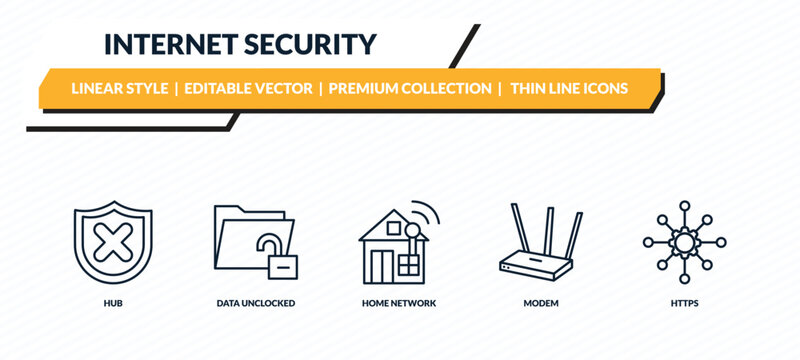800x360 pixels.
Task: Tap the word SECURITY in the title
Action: pyautogui.click(x=315, y=44)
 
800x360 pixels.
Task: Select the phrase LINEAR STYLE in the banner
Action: pyautogui.click(x=120, y=89)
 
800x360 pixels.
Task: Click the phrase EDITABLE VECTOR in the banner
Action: pyautogui.click(x=247, y=89)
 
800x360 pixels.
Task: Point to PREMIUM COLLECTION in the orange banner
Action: pyautogui.click(x=410, y=89)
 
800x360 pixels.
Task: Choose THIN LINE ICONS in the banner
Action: pyautogui.click(x=569, y=89)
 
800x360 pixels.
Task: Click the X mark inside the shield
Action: pyautogui.click(x=101, y=241)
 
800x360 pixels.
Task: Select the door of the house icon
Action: pyautogui.click(x=381, y=263)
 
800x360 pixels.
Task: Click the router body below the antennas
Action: pyautogui.click(x=541, y=265)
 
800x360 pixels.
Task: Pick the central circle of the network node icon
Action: pyautogui.click(x=684, y=241)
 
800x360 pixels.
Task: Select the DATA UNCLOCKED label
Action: pyautogui.click(x=255, y=301)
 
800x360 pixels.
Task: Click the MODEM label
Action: pyautogui.click(x=541, y=301)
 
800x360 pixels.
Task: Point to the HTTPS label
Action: pyautogui.click(x=684, y=301)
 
